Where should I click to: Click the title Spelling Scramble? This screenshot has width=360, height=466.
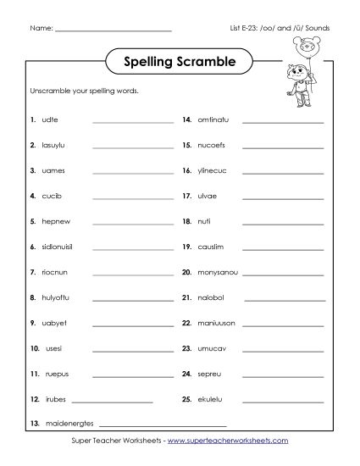tap(180, 62)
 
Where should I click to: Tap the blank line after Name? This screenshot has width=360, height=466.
tap(114, 31)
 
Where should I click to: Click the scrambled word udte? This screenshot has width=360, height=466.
tap(49, 120)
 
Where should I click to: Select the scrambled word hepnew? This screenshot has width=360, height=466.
tap(55, 222)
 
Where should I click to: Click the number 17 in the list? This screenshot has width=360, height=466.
tap(186, 197)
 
